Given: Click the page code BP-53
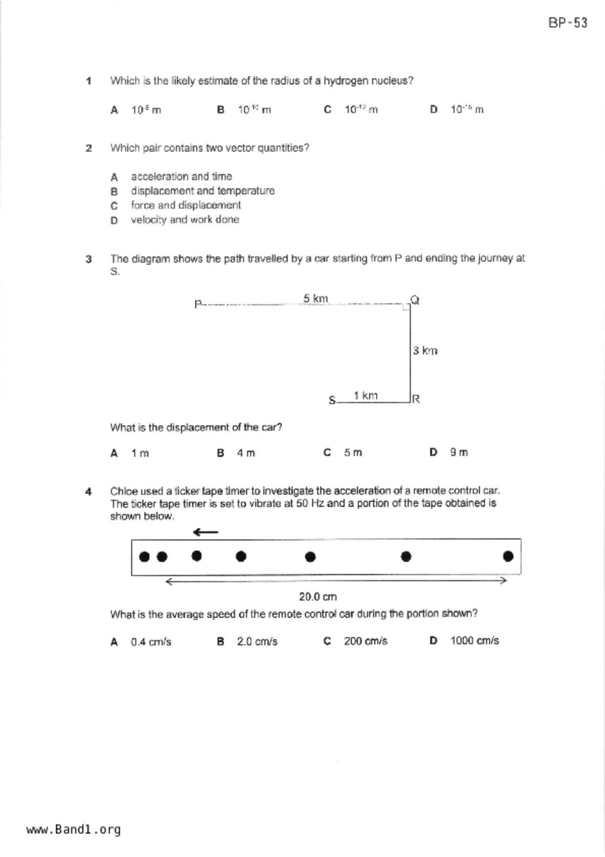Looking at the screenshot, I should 567,23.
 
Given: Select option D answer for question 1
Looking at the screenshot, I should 466,109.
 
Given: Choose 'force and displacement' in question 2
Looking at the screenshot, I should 186,205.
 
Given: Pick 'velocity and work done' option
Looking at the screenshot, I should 185,220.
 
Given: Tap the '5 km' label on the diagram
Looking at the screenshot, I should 315,298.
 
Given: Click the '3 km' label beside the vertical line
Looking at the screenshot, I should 425,350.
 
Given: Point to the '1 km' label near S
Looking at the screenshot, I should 365,395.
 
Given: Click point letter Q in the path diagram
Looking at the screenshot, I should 415,300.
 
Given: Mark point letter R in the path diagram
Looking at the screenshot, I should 416,399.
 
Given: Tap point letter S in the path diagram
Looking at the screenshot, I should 332,401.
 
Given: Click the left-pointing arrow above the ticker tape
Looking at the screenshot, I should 206,532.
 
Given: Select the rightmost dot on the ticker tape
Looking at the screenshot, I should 508,556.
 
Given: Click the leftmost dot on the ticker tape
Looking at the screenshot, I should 144,557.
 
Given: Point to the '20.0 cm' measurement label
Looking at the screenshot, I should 318,597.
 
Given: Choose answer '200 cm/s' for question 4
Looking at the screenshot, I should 365,641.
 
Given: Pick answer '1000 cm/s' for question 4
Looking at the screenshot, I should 474,641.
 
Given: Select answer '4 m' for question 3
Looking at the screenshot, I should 246,453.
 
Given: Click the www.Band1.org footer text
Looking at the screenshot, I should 73,829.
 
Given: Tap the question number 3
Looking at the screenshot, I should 88,259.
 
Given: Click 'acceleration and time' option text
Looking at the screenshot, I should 181,176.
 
